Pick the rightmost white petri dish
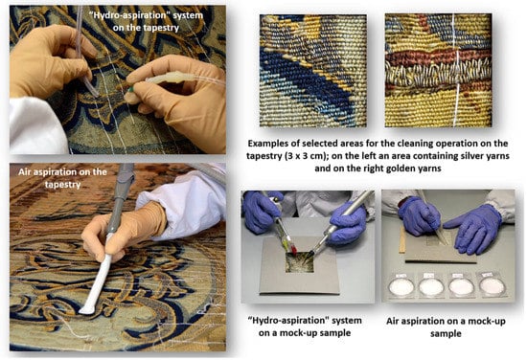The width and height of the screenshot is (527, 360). coord(493,285)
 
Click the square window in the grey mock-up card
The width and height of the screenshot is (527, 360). coord(300,262)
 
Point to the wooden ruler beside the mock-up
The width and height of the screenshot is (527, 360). coord(402,239)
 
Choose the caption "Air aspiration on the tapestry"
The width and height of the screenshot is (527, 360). coord(63,178)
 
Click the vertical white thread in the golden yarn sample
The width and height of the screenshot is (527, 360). coord(457,70)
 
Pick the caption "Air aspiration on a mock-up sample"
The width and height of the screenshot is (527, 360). coord(446,327)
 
